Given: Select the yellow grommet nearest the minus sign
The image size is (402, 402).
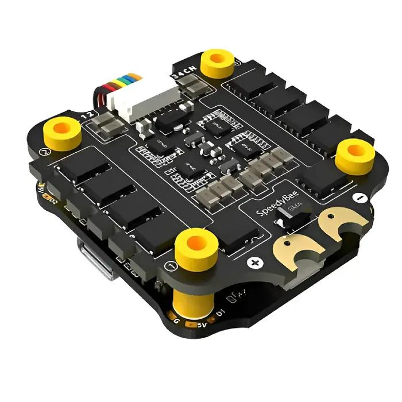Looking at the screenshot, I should point(355,153).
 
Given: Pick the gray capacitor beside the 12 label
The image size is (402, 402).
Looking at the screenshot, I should point(108,122).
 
